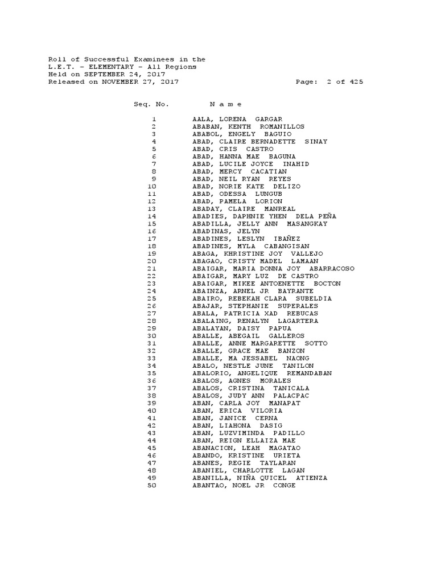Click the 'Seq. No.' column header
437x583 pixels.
(x=151, y=104)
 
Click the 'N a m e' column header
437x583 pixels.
(x=225, y=104)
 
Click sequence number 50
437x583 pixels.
(x=151, y=486)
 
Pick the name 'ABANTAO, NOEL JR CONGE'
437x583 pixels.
(x=244, y=486)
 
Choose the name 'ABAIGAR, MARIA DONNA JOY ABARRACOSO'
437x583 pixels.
(x=273, y=269)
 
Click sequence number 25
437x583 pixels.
(x=151, y=298)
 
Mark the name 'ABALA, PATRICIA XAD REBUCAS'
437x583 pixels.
(x=255, y=314)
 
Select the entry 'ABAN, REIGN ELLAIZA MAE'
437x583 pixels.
(x=244, y=441)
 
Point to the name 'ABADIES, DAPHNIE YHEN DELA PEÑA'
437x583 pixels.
(x=264, y=216)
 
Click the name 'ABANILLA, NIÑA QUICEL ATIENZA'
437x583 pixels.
(x=259, y=478)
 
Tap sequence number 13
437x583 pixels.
(x=151, y=209)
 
